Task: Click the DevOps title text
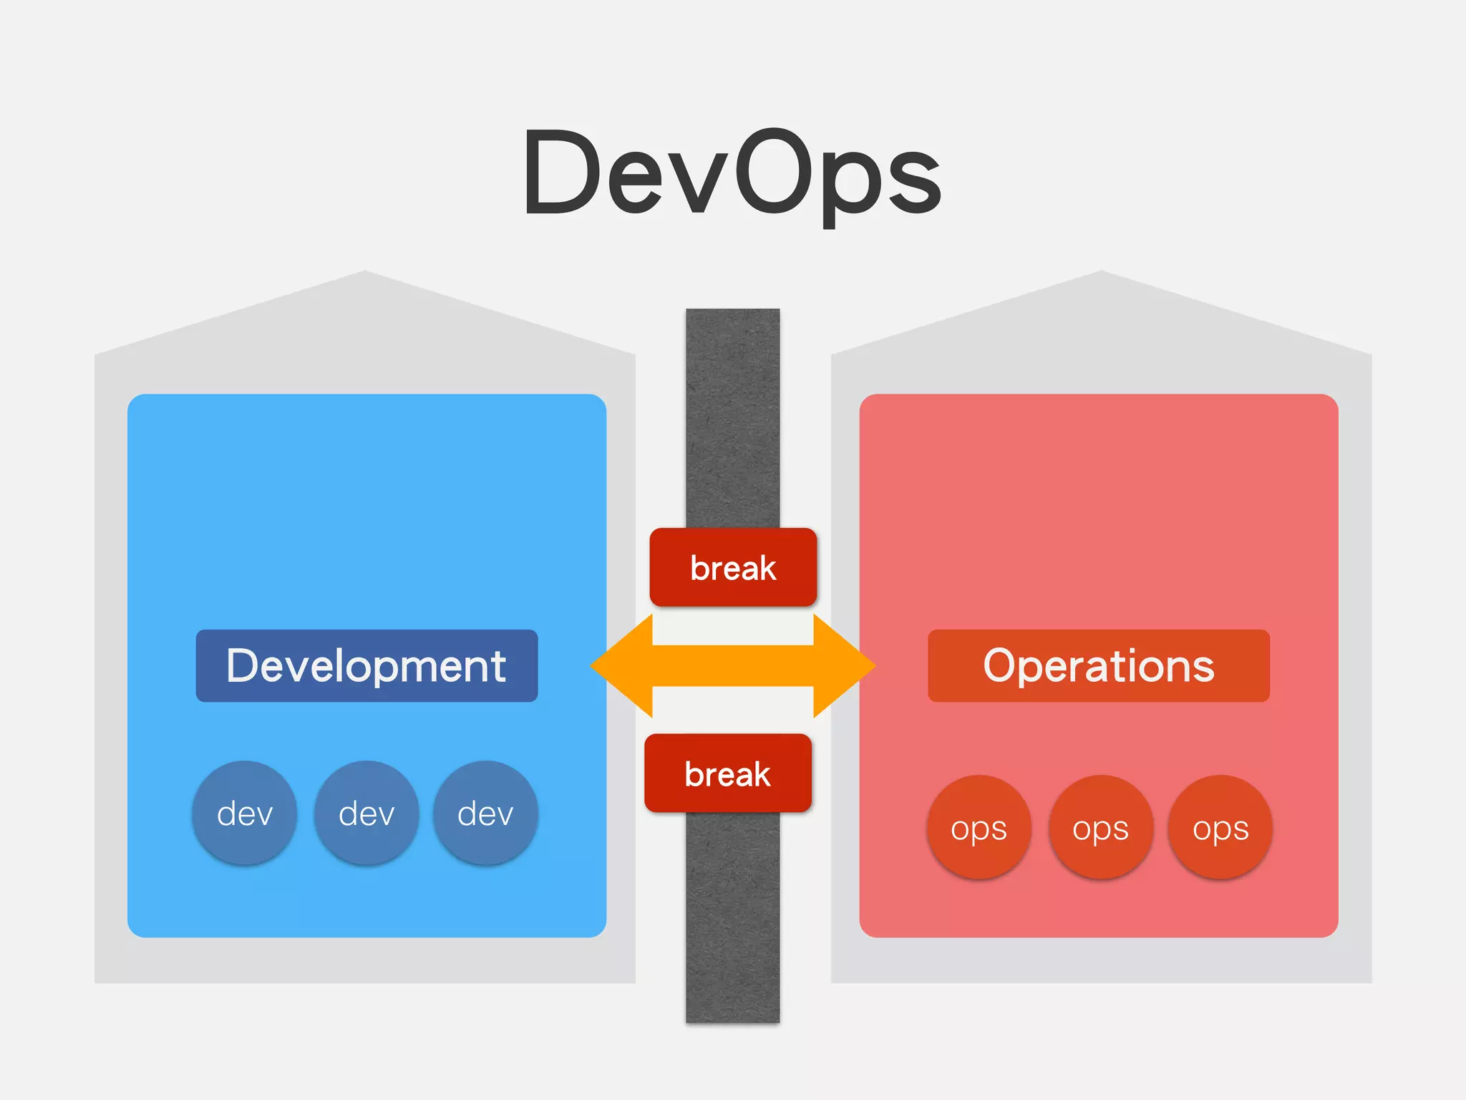click(x=732, y=175)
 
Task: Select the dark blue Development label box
click(x=366, y=666)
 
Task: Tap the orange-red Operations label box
click(x=1098, y=666)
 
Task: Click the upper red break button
click(x=733, y=568)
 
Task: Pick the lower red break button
click(x=728, y=773)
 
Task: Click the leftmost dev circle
click(x=245, y=814)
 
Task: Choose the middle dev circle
click(x=366, y=814)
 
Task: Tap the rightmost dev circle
click(x=485, y=814)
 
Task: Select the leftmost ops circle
click(x=979, y=828)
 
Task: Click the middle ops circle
click(x=1100, y=828)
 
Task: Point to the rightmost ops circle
click(x=1220, y=828)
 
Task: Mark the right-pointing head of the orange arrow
click(x=845, y=666)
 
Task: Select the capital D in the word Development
click(x=244, y=665)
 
